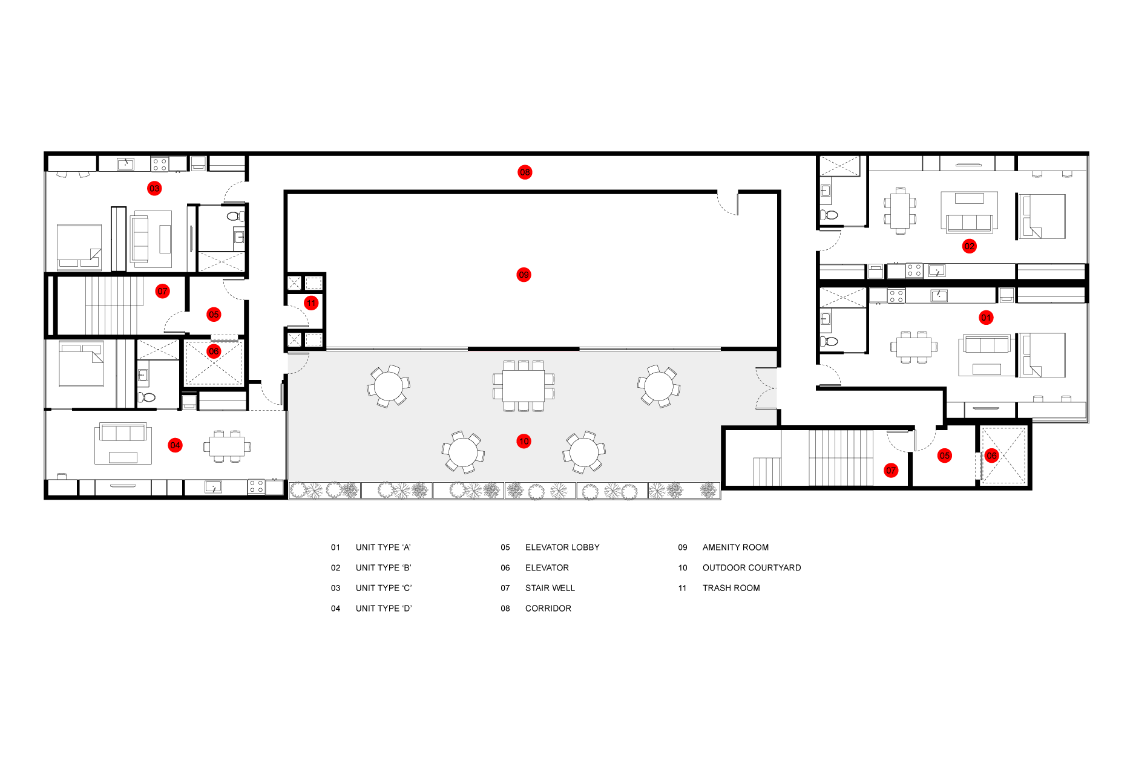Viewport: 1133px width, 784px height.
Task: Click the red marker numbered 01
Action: tap(986, 318)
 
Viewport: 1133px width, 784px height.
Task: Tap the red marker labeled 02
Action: tap(969, 246)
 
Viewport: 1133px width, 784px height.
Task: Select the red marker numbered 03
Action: tap(154, 189)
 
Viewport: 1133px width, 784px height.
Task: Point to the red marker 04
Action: tap(175, 445)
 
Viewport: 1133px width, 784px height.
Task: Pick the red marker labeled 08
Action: tap(525, 172)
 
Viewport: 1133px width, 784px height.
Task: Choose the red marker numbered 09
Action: tap(524, 275)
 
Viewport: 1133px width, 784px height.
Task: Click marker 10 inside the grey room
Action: tap(524, 442)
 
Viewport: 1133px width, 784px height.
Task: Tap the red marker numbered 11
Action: tap(311, 303)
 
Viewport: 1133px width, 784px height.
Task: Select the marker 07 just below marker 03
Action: tap(162, 292)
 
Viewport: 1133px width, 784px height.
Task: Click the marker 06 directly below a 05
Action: tap(214, 351)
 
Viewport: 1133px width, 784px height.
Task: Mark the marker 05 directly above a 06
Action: tap(214, 315)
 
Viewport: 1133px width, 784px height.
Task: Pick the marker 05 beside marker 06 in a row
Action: tap(944, 456)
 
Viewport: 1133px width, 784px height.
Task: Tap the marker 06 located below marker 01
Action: tap(991, 456)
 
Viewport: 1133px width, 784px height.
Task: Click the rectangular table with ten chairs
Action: tap(524, 386)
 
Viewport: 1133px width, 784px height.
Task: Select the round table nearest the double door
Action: tap(658, 386)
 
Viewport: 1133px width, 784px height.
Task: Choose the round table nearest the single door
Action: tap(389, 386)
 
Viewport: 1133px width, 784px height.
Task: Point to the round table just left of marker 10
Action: tap(463, 452)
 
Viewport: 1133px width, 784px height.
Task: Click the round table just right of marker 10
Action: tap(584, 452)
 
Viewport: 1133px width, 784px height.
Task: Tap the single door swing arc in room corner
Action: tap(298, 362)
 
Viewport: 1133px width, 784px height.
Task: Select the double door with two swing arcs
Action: tap(766, 388)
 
